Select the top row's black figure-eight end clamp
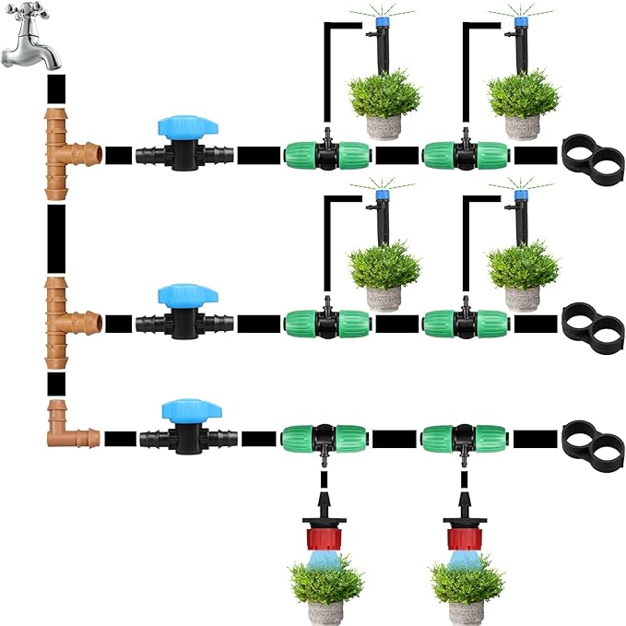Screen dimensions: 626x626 coord(590,153)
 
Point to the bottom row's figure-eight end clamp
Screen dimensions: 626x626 coord(590,437)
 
